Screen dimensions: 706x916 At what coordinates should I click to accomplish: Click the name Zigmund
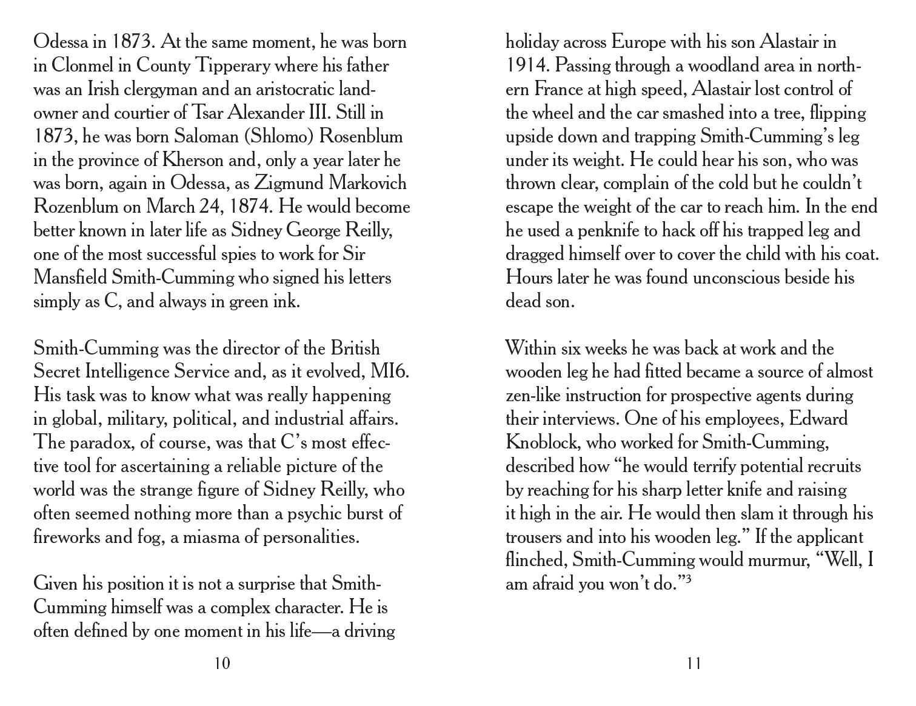click(291, 183)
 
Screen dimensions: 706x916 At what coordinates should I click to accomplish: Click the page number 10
click(222, 664)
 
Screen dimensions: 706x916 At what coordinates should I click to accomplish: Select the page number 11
click(694, 664)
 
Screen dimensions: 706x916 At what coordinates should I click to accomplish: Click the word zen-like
click(533, 396)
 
